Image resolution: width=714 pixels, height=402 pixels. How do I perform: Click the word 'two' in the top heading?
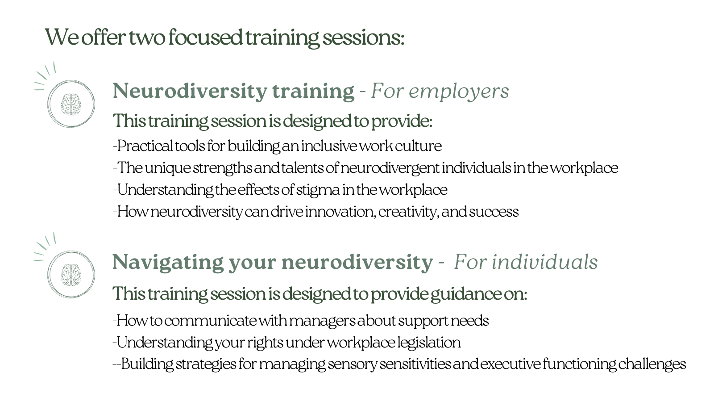coord(147,38)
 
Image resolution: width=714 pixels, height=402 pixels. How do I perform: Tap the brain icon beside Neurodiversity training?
coord(71,105)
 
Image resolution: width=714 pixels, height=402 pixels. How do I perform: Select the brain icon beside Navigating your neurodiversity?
coord(71,275)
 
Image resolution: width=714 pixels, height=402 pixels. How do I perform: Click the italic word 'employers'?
coord(459,92)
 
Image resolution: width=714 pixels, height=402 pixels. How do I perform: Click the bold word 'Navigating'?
coord(168,263)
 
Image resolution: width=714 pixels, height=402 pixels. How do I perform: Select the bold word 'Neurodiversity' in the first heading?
coord(190,92)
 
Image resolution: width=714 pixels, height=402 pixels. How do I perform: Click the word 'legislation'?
coord(429,343)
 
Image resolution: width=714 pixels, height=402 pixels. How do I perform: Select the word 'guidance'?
coord(466,294)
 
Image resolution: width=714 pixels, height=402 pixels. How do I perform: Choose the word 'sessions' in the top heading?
coord(363,38)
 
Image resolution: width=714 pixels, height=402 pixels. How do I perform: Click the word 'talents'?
coord(303,168)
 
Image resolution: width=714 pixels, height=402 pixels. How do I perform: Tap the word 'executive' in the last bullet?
coord(511,364)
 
